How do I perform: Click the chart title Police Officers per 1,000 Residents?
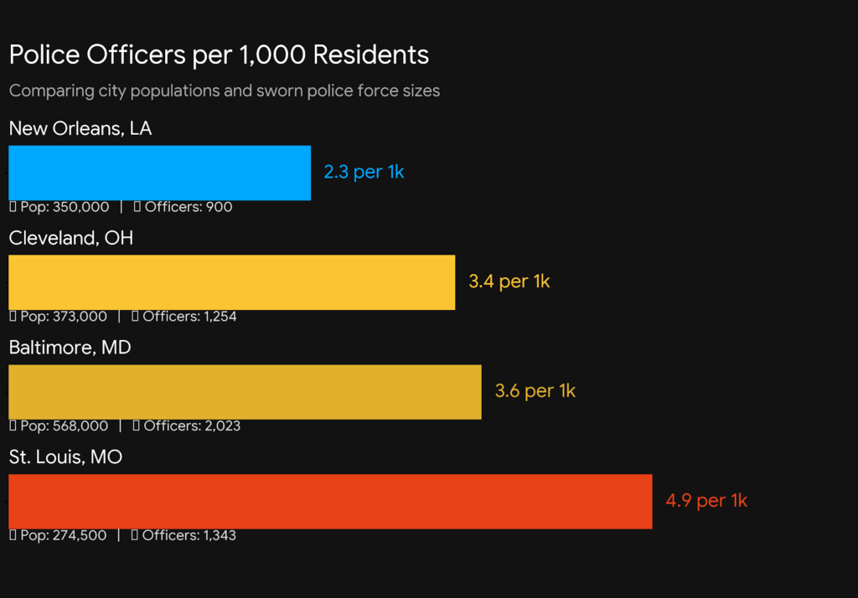point(219,55)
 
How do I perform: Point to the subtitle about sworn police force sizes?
point(224,90)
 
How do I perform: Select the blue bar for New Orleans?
point(159,173)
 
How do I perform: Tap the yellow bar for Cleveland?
point(231,282)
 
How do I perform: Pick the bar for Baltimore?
point(245,392)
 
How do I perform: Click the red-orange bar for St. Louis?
point(330,502)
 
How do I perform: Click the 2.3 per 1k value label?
point(364,173)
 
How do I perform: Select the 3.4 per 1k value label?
point(509,282)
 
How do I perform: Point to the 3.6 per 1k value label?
point(535,392)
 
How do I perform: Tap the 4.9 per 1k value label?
point(706,502)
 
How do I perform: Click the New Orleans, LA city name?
point(80,129)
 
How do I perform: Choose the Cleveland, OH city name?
point(71,239)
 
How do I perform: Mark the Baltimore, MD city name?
point(70,348)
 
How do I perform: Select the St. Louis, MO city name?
point(65,457)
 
